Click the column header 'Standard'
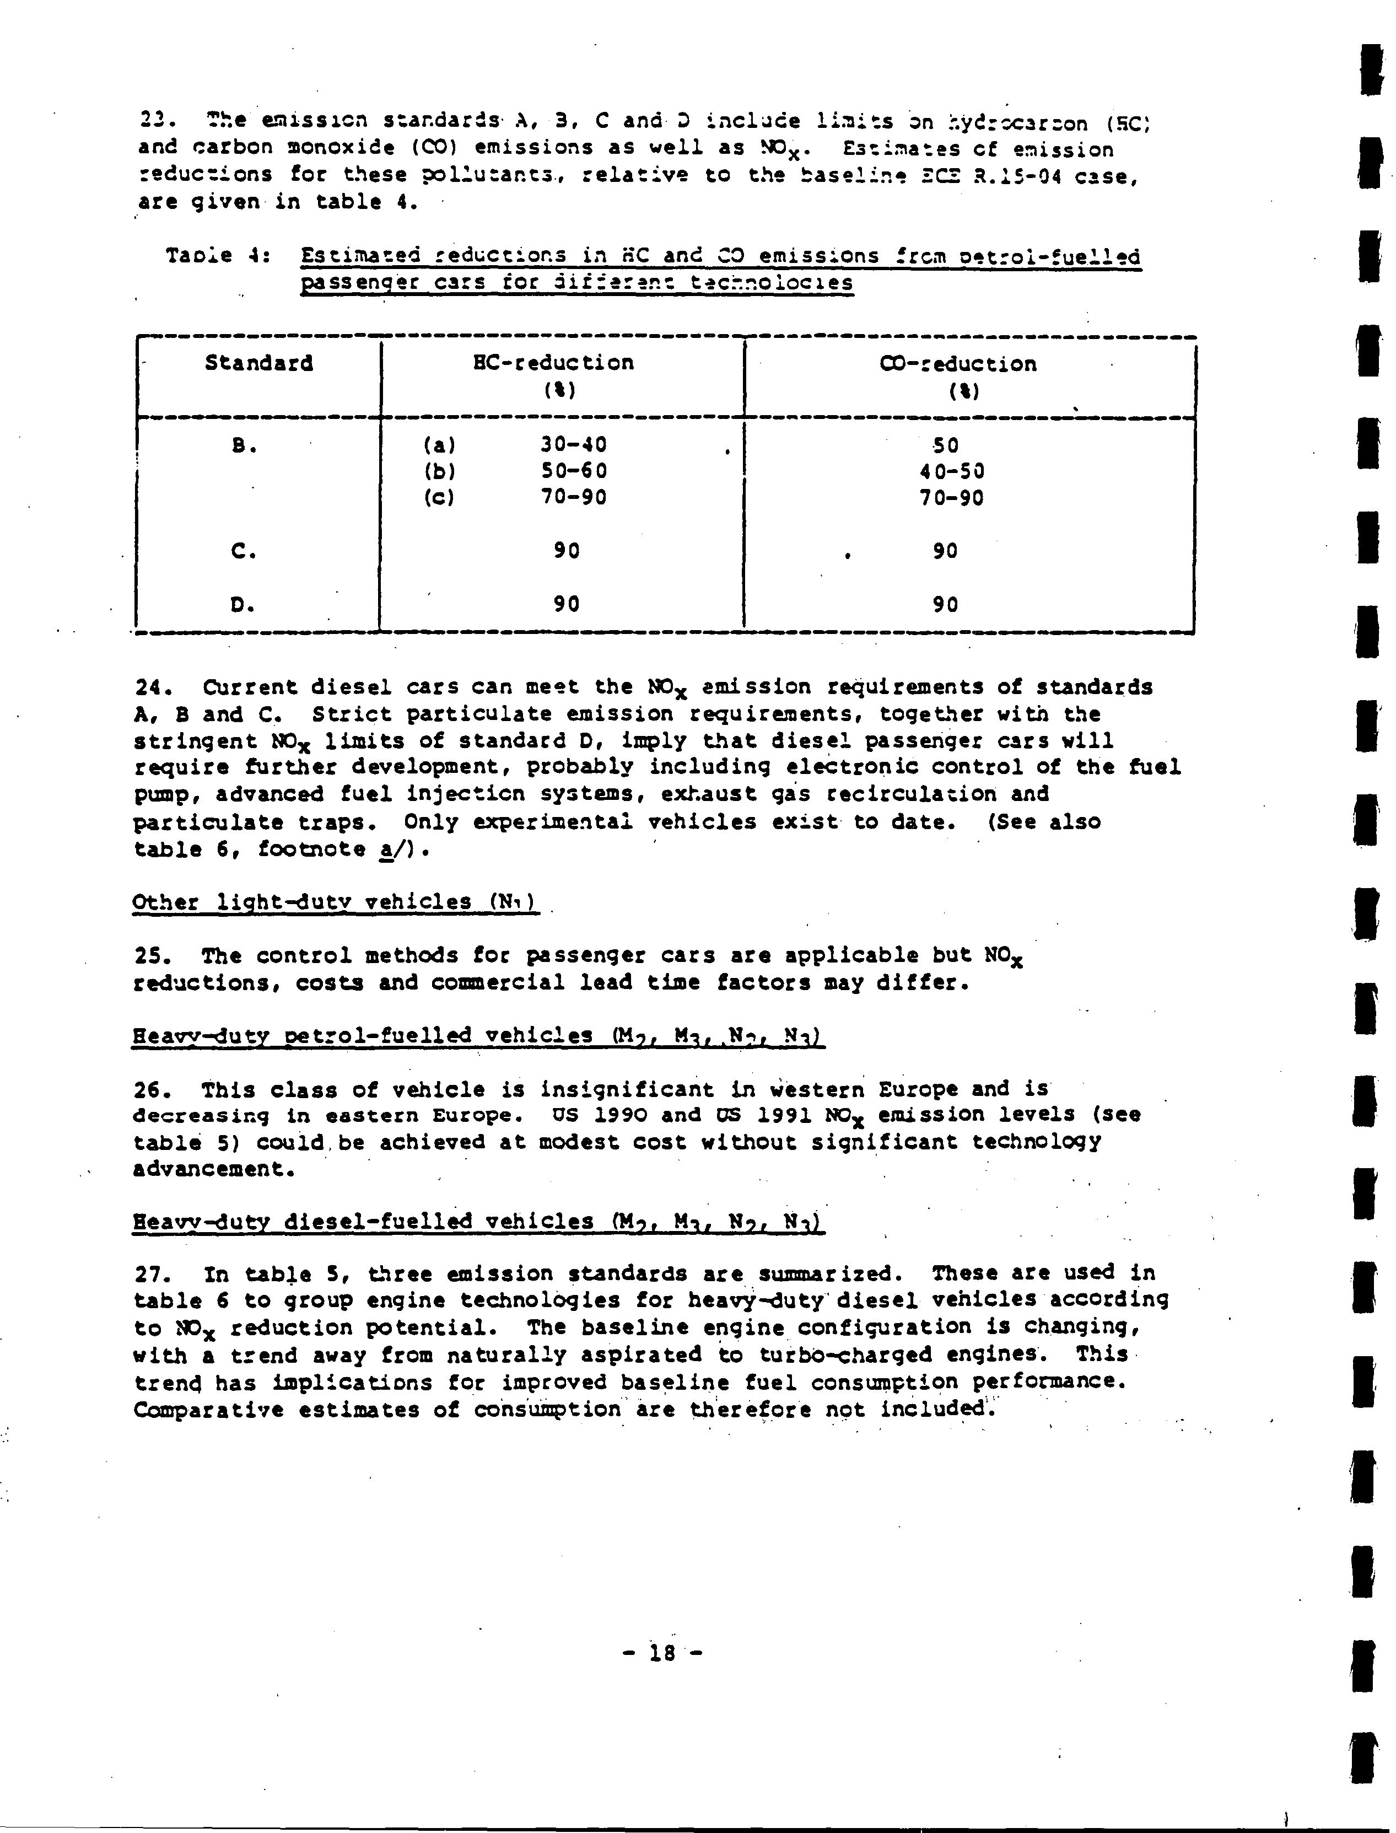coord(258,363)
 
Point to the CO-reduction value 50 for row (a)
coord(946,445)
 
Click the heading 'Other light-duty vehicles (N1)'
coord(336,902)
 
